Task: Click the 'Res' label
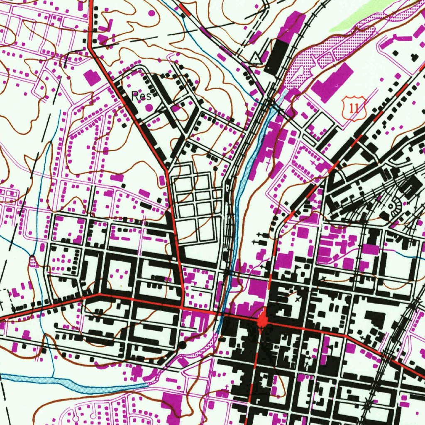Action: coord(140,96)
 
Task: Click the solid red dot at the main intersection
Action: coord(262,321)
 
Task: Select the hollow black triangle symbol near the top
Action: coord(256,59)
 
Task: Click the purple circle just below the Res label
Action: coord(148,107)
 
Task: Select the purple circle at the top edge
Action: coord(151,13)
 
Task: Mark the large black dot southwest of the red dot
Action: coord(183,344)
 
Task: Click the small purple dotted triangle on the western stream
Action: coord(33,261)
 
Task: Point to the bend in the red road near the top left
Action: coord(90,47)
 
